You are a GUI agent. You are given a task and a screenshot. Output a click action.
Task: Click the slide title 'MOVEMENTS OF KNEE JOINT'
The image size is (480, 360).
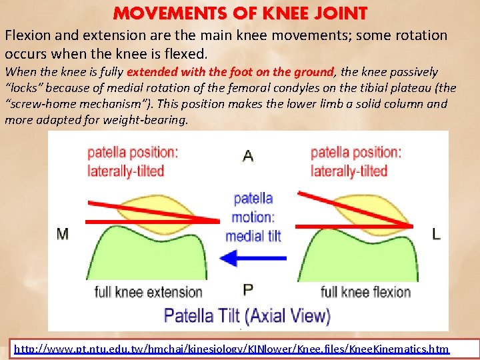[x=240, y=13]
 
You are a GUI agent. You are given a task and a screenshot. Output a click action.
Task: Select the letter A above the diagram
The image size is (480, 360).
[x=248, y=156]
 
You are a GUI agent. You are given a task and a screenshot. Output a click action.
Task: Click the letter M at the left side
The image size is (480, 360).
[x=63, y=233]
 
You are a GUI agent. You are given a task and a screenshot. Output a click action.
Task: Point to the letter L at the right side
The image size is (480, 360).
[x=436, y=233]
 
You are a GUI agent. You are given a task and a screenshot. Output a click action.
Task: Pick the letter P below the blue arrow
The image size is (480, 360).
[x=248, y=289]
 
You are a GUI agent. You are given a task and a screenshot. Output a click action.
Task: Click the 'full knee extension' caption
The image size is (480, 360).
[x=148, y=292]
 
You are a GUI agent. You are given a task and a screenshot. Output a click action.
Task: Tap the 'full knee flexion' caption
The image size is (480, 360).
[x=366, y=292]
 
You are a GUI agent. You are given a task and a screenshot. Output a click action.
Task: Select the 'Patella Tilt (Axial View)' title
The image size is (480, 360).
[x=247, y=315]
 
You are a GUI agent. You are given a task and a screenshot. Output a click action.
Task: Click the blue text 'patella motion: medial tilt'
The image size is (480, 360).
[x=253, y=217]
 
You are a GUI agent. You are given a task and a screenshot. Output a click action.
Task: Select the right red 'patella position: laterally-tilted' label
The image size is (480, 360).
[x=356, y=161]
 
